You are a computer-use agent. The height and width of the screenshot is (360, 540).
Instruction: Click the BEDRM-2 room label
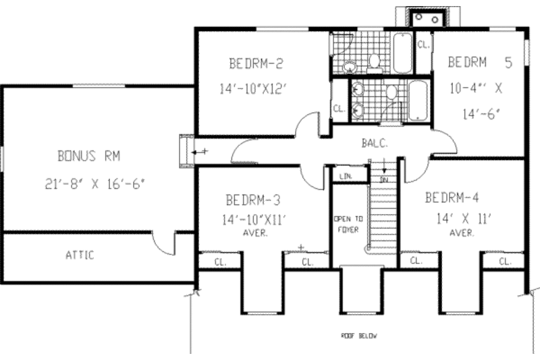[254, 65]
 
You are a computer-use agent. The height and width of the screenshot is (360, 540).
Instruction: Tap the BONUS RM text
[88, 156]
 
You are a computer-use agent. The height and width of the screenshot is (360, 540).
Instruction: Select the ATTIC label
[80, 255]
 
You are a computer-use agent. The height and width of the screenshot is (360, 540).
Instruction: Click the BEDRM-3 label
[252, 200]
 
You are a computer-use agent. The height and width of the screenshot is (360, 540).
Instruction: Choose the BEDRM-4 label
[452, 199]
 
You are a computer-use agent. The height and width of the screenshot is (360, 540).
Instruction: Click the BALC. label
[373, 143]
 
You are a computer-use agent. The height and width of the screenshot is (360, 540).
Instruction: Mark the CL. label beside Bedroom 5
[423, 45]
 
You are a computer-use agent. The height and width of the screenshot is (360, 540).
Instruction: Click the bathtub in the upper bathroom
[402, 53]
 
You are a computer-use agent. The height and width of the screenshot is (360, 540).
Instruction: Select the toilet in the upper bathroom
[374, 61]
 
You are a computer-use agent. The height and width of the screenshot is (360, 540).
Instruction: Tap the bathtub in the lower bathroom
[418, 100]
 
